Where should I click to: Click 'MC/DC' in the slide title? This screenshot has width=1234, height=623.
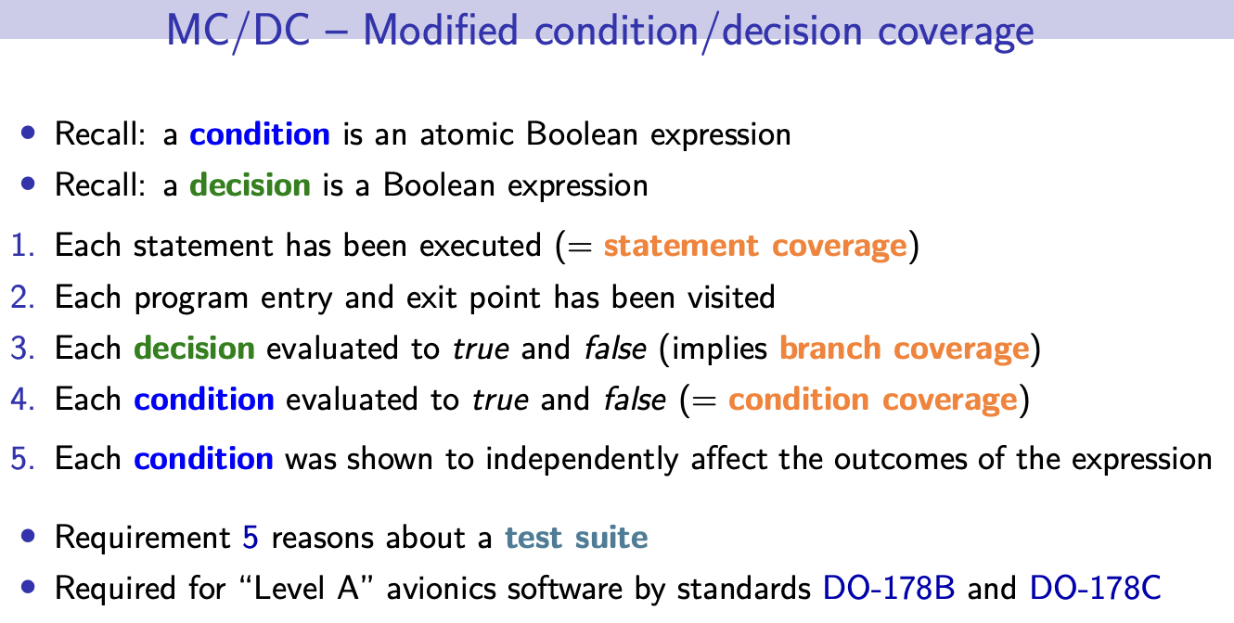pos(238,31)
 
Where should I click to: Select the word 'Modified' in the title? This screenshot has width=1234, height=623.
pos(441,30)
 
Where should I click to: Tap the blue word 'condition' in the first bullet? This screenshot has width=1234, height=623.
pos(260,133)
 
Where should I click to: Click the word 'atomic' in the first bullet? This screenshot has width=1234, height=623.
pos(467,133)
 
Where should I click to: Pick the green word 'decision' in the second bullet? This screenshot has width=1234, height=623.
pos(251,184)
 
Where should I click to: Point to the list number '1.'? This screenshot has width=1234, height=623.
pos(22,245)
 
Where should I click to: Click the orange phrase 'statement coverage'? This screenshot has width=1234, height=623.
pos(755,246)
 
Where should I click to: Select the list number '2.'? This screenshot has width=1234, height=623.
pos(22,298)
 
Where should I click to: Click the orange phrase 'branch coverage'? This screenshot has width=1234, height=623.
pos(905,349)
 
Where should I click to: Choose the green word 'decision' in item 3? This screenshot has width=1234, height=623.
pos(195,349)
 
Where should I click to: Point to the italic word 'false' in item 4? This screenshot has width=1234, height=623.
pos(635,399)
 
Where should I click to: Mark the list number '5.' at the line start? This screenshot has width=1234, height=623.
pos(22,459)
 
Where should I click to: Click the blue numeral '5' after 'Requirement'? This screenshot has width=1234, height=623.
pos(251,538)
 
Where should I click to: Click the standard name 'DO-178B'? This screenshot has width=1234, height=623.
pos(889,589)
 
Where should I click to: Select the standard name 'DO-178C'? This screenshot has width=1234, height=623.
pos(1096,589)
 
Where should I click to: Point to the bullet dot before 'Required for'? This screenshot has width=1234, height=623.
pos(28,587)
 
